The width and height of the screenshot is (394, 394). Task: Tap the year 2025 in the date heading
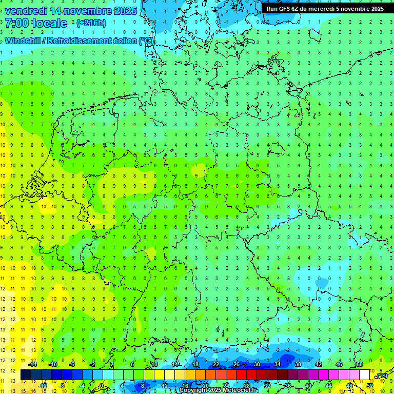(124, 11)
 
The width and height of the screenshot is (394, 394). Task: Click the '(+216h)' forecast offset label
(91, 23)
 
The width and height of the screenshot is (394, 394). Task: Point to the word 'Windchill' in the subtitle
(24, 41)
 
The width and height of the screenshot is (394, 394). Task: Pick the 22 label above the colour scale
(216, 364)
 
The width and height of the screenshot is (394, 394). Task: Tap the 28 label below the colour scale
(247, 386)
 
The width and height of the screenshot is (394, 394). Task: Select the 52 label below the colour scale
(370, 386)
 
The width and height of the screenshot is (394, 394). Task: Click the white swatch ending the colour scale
(365, 375)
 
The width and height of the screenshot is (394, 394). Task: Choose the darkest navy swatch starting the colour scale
(26, 375)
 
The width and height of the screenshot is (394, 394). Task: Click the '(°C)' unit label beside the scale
(381, 376)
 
